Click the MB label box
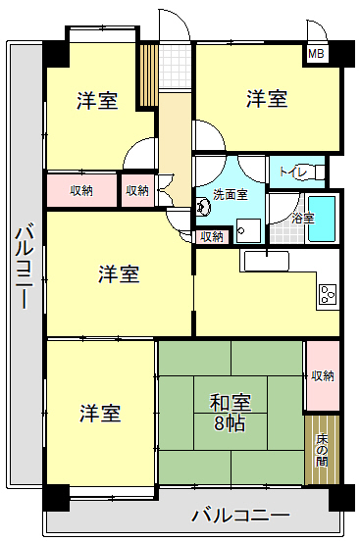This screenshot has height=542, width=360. click(x=316, y=54)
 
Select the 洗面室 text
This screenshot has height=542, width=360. click(x=231, y=195)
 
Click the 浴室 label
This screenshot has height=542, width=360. click(x=303, y=219)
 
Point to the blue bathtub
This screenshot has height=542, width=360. click(x=322, y=220)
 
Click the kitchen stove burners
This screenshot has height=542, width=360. click(x=328, y=294)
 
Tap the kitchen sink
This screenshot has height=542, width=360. click(x=266, y=262)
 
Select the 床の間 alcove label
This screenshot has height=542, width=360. click(x=322, y=449)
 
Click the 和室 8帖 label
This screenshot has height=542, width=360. click(x=230, y=413)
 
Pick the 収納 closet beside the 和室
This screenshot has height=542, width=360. click(x=322, y=375)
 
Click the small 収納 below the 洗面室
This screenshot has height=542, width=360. click(x=212, y=237)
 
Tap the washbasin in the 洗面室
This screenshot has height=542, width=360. click(x=203, y=207)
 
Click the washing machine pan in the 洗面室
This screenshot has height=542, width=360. click(x=248, y=230)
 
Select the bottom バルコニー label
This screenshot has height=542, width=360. click(x=240, y=517)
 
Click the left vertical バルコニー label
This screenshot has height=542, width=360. click(x=25, y=267)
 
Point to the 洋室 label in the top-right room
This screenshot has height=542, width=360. click(x=267, y=99)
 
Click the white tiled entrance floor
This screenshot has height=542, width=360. click(x=176, y=66)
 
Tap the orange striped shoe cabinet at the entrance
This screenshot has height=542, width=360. click(x=149, y=75)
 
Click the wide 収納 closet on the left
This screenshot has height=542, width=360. click(x=81, y=191)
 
